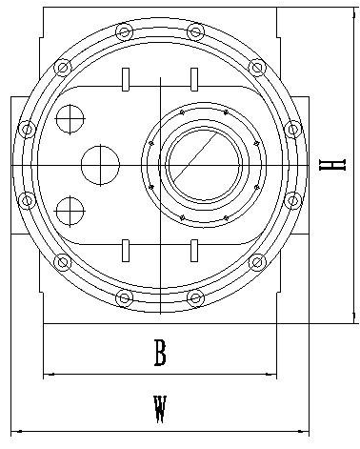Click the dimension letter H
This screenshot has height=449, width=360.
[x=331, y=165]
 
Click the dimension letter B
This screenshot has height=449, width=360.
[x=160, y=353]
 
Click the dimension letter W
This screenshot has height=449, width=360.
[x=160, y=409]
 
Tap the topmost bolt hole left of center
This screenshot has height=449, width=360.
[x=124, y=31]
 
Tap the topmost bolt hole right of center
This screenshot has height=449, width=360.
[x=195, y=31]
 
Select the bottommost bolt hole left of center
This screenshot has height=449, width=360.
[x=124, y=298]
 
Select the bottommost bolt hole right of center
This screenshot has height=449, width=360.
[x=195, y=298]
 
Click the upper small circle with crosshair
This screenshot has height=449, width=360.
[x=70, y=119]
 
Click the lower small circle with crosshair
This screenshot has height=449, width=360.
[x=70, y=212]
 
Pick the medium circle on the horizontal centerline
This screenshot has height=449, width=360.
[x=100, y=165]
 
